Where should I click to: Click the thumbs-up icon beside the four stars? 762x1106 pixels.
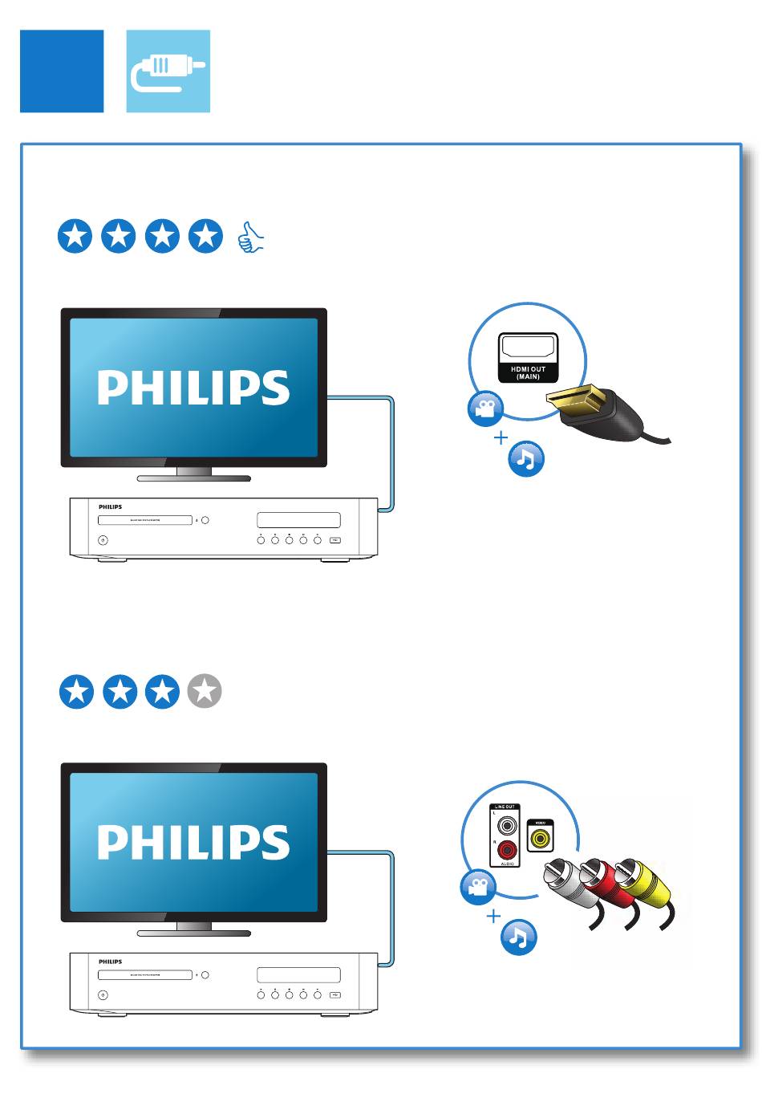pyautogui.click(x=251, y=238)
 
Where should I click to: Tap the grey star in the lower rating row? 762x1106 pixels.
pyautogui.click(x=205, y=691)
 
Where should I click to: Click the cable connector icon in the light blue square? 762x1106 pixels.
pyautogui.click(x=168, y=71)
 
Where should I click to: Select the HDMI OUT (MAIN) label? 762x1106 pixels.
pyautogui.click(x=528, y=372)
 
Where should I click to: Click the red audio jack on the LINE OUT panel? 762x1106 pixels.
pyautogui.click(x=507, y=849)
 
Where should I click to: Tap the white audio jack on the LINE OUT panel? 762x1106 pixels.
pyautogui.click(x=507, y=825)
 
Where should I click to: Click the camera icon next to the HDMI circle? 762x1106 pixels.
pyautogui.click(x=485, y=409)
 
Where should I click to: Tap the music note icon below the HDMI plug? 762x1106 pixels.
pyautogui.click(x=526, y=459)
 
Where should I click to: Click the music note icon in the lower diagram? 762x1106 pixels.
pyautogui.click(x=518, y=937)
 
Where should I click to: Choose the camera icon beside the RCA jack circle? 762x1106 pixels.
pyautogui.click(x=478, y=887)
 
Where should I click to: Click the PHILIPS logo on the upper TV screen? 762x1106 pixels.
pyautogui.click(x=193, y=388)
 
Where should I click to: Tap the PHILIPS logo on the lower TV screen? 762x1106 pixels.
pyautogui.click(x=193, y=842)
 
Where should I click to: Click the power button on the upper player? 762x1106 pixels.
pyautogui.click(x=103, y=540)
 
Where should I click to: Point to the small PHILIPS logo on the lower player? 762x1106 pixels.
pyautogui.click(x=111, y=962)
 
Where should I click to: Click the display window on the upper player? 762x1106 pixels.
pyautogui.click(x=298, y=520)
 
